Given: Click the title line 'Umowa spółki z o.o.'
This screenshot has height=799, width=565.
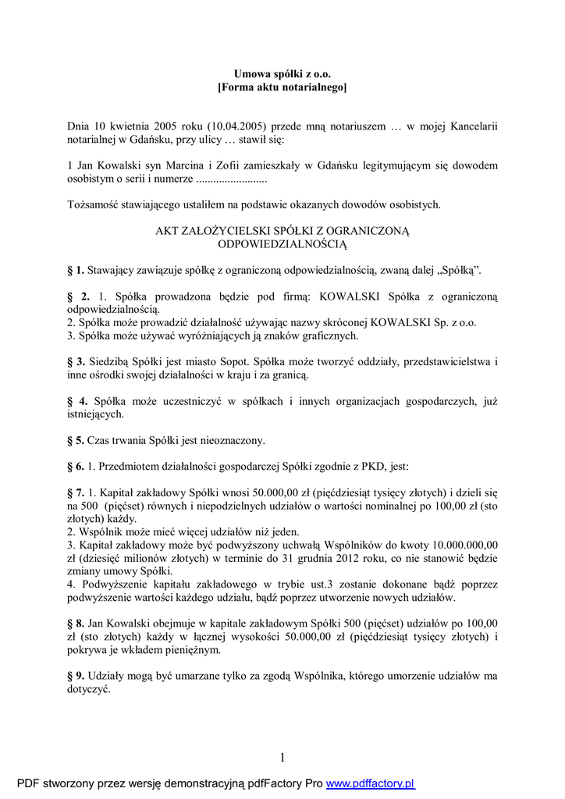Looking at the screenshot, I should (x=282, y=73).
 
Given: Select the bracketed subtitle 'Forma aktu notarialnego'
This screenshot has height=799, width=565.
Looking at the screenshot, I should (x=282, y=87).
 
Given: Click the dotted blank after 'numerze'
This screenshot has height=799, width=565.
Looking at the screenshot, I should (x=230, y=179).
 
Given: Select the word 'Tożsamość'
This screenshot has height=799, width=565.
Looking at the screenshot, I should (x=93, y=204).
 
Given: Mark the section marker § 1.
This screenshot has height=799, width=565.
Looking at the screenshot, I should (x=76, y=271).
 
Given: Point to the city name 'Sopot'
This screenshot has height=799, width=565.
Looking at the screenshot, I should (x=243, y=362).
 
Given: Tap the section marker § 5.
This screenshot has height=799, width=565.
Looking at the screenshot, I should (x=76, y=440).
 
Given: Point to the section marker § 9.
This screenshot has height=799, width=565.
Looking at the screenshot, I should (x=76, y=675).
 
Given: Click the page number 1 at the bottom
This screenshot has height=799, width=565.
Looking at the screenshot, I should (x=282, y=758).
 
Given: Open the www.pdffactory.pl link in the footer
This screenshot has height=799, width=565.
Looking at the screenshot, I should (x=370, y=783).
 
